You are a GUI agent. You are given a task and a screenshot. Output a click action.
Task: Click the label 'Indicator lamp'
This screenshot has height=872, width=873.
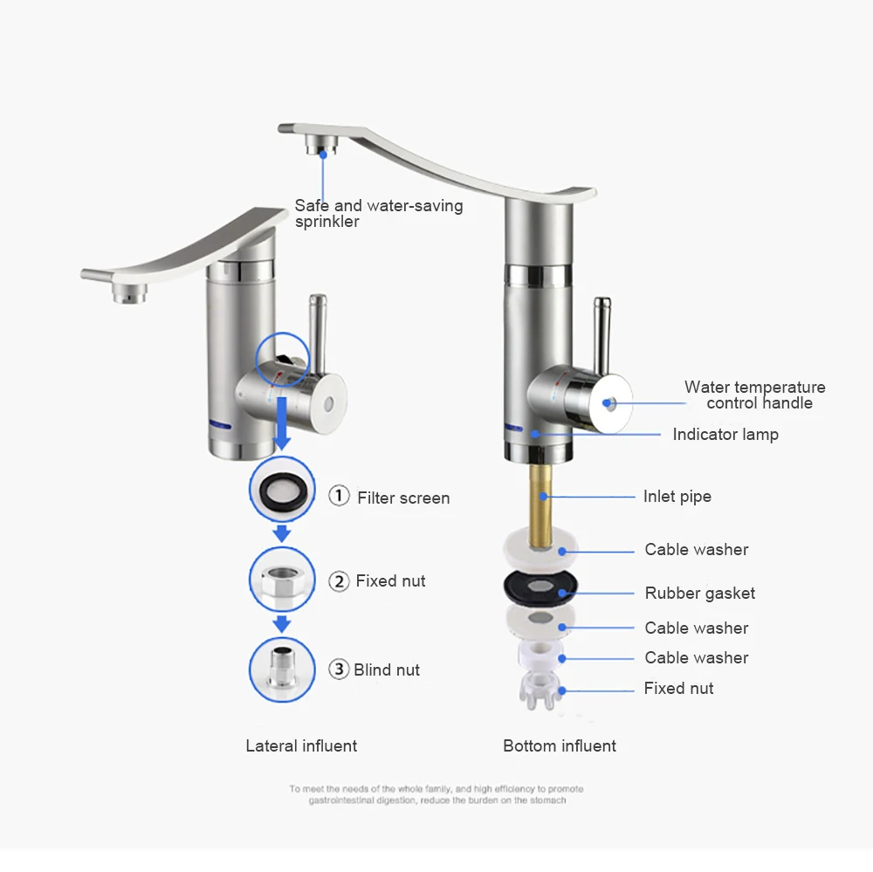point(725,435)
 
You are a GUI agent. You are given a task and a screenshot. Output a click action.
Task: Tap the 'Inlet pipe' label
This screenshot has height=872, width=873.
point(677,496)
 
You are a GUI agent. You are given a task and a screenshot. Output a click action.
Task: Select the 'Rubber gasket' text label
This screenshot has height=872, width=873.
point(700,593)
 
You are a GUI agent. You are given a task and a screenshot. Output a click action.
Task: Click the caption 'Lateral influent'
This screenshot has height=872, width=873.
point(301,745)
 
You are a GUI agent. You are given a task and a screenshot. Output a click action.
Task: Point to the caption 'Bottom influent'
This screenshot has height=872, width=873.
point(560,745)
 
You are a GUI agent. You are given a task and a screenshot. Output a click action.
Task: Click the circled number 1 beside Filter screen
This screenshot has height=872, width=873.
point(339,495)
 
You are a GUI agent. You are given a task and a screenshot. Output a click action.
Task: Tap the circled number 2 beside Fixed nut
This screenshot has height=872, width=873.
point(339,581)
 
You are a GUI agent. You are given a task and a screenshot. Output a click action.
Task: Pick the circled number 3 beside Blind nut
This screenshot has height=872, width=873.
point(339,669)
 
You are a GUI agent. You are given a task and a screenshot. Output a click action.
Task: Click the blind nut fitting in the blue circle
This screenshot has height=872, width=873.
point(282,669)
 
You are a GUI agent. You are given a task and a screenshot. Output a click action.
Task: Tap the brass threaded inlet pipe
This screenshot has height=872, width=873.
point(540,505)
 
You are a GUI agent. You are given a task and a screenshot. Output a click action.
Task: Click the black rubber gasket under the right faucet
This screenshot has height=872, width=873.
point(540,587)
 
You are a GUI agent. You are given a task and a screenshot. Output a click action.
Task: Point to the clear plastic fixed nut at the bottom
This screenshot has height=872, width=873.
point(539,690)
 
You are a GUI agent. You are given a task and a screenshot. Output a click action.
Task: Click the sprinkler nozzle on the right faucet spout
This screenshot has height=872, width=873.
point(322,147)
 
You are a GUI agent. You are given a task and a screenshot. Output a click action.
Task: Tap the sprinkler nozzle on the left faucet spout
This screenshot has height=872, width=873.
point(130,292)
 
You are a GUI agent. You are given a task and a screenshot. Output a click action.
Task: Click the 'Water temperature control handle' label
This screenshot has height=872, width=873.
point(755,395)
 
